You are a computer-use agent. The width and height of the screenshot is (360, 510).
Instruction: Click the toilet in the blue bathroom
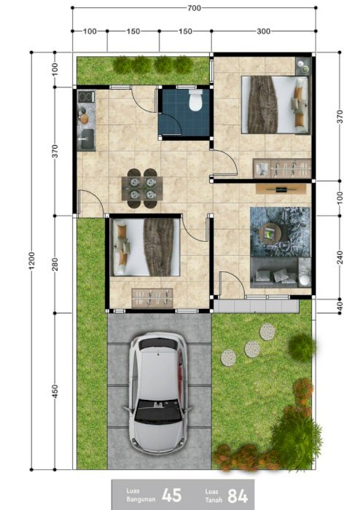195,100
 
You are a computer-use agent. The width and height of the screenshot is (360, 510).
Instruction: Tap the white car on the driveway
158,393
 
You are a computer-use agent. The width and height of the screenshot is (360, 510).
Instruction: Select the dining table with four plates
142,188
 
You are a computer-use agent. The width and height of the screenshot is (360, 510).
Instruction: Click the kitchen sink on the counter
87,139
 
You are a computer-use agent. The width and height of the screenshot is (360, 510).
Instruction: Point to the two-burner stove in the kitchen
86,97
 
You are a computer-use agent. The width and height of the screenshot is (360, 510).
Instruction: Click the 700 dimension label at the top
194,8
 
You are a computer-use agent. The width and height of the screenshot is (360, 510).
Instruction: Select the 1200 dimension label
31,261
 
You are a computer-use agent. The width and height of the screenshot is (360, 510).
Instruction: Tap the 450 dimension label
55,391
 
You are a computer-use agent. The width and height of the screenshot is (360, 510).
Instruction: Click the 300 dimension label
263,31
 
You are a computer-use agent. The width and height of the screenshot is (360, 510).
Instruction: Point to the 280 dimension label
55,264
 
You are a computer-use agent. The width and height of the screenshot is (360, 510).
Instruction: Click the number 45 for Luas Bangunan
171,495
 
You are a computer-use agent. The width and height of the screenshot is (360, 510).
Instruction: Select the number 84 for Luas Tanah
238,496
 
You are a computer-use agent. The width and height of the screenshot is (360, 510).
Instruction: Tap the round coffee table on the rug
270,233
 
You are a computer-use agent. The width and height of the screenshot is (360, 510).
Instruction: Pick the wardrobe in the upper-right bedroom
282,168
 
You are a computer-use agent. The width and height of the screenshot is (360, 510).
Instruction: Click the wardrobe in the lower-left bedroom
152,298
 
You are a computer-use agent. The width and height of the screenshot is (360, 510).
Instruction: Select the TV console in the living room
281,189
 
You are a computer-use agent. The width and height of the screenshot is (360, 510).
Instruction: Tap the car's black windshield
158,412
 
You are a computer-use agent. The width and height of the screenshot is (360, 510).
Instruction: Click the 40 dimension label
340,306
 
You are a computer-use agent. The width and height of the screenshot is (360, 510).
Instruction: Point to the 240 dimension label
340,258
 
